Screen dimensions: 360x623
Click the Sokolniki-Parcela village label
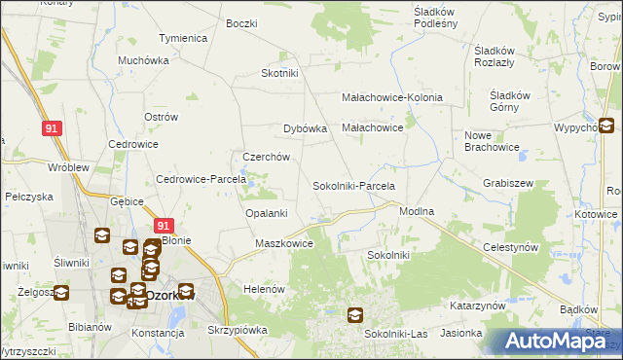coord(352,185)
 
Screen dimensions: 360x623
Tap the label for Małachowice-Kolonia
coord(392,97)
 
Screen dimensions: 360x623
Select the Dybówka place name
coord(305,127)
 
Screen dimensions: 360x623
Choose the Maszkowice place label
coord(283,243)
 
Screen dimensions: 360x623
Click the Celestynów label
coord(511,248)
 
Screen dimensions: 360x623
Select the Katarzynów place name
coord(477,305)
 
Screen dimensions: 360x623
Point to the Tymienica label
coord(183,38)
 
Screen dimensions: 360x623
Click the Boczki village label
coord(240,22)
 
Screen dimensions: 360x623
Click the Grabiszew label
coord(506,183)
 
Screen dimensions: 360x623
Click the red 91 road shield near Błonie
coord(165,225)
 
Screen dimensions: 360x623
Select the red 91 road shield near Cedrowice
coord(54,127)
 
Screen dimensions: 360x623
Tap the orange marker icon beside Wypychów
coord(605,125)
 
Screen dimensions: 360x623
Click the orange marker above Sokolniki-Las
coord(355,314)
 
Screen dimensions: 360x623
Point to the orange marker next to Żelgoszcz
coord(60,292)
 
